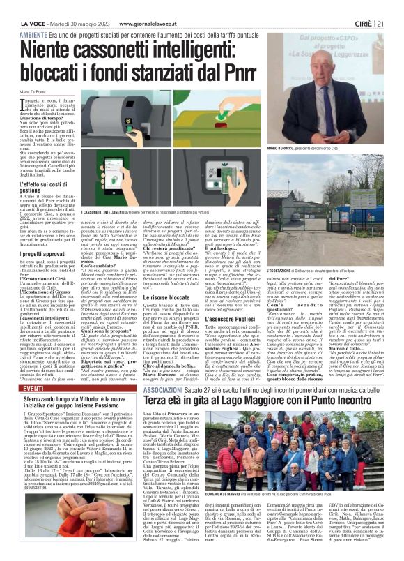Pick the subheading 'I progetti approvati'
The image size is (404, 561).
point(43,255)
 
